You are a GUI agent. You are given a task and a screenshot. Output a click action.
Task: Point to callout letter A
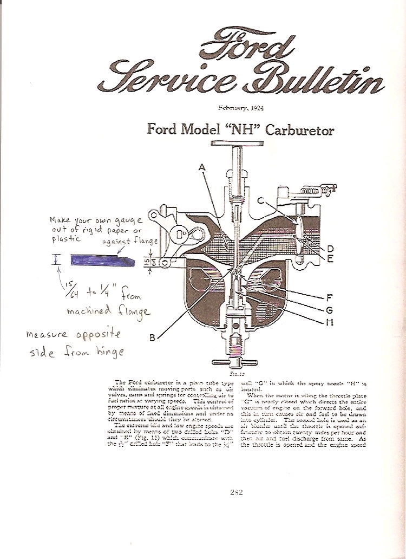202,168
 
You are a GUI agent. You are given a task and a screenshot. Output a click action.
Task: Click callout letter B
153,338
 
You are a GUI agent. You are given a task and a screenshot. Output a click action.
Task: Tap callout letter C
260,201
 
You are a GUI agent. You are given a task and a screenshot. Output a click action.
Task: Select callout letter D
330,249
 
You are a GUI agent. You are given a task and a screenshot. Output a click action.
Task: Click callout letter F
330,297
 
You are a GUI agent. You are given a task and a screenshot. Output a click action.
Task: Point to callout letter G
330,310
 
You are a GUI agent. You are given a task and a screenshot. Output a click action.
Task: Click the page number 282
236,492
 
